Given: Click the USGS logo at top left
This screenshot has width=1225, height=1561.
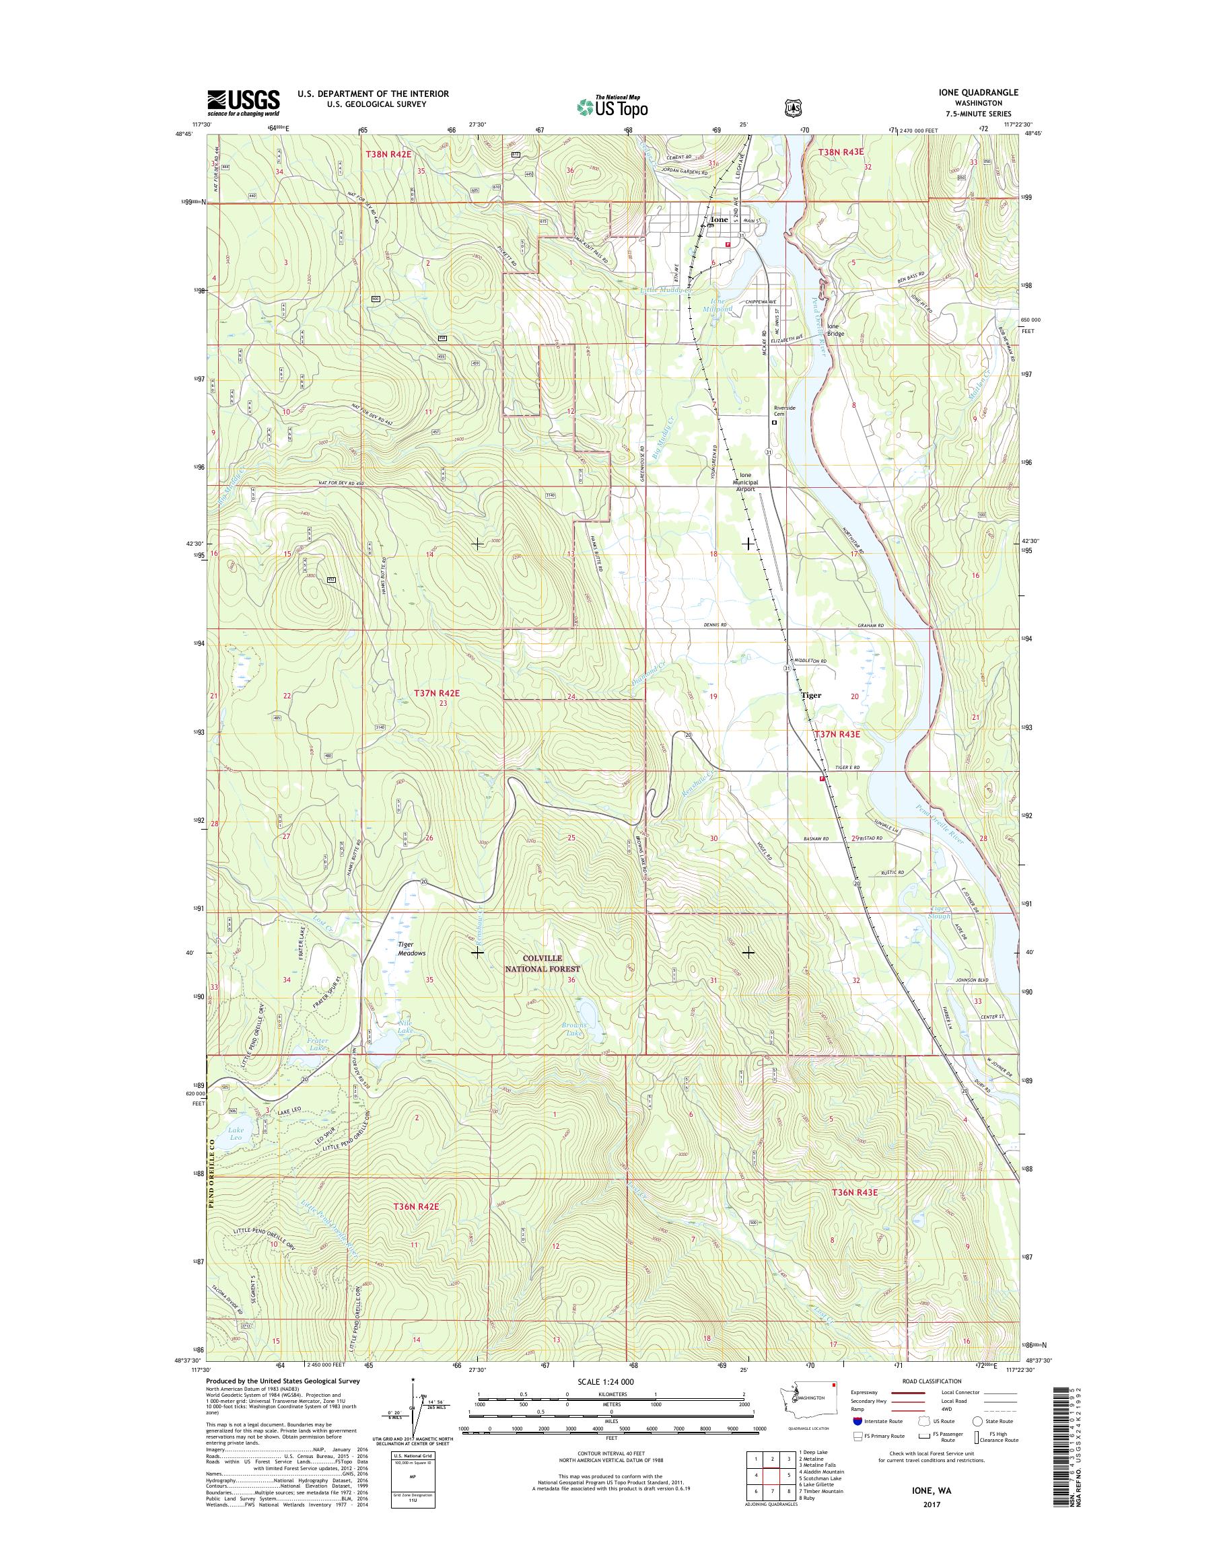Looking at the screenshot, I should tap(243, 102).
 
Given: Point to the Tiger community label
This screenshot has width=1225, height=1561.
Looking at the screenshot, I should tap(810, 695).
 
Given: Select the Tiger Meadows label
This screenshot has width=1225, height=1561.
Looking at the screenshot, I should tap(412, 949).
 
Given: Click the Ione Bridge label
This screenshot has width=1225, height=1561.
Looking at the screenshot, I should tap(835, 330).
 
